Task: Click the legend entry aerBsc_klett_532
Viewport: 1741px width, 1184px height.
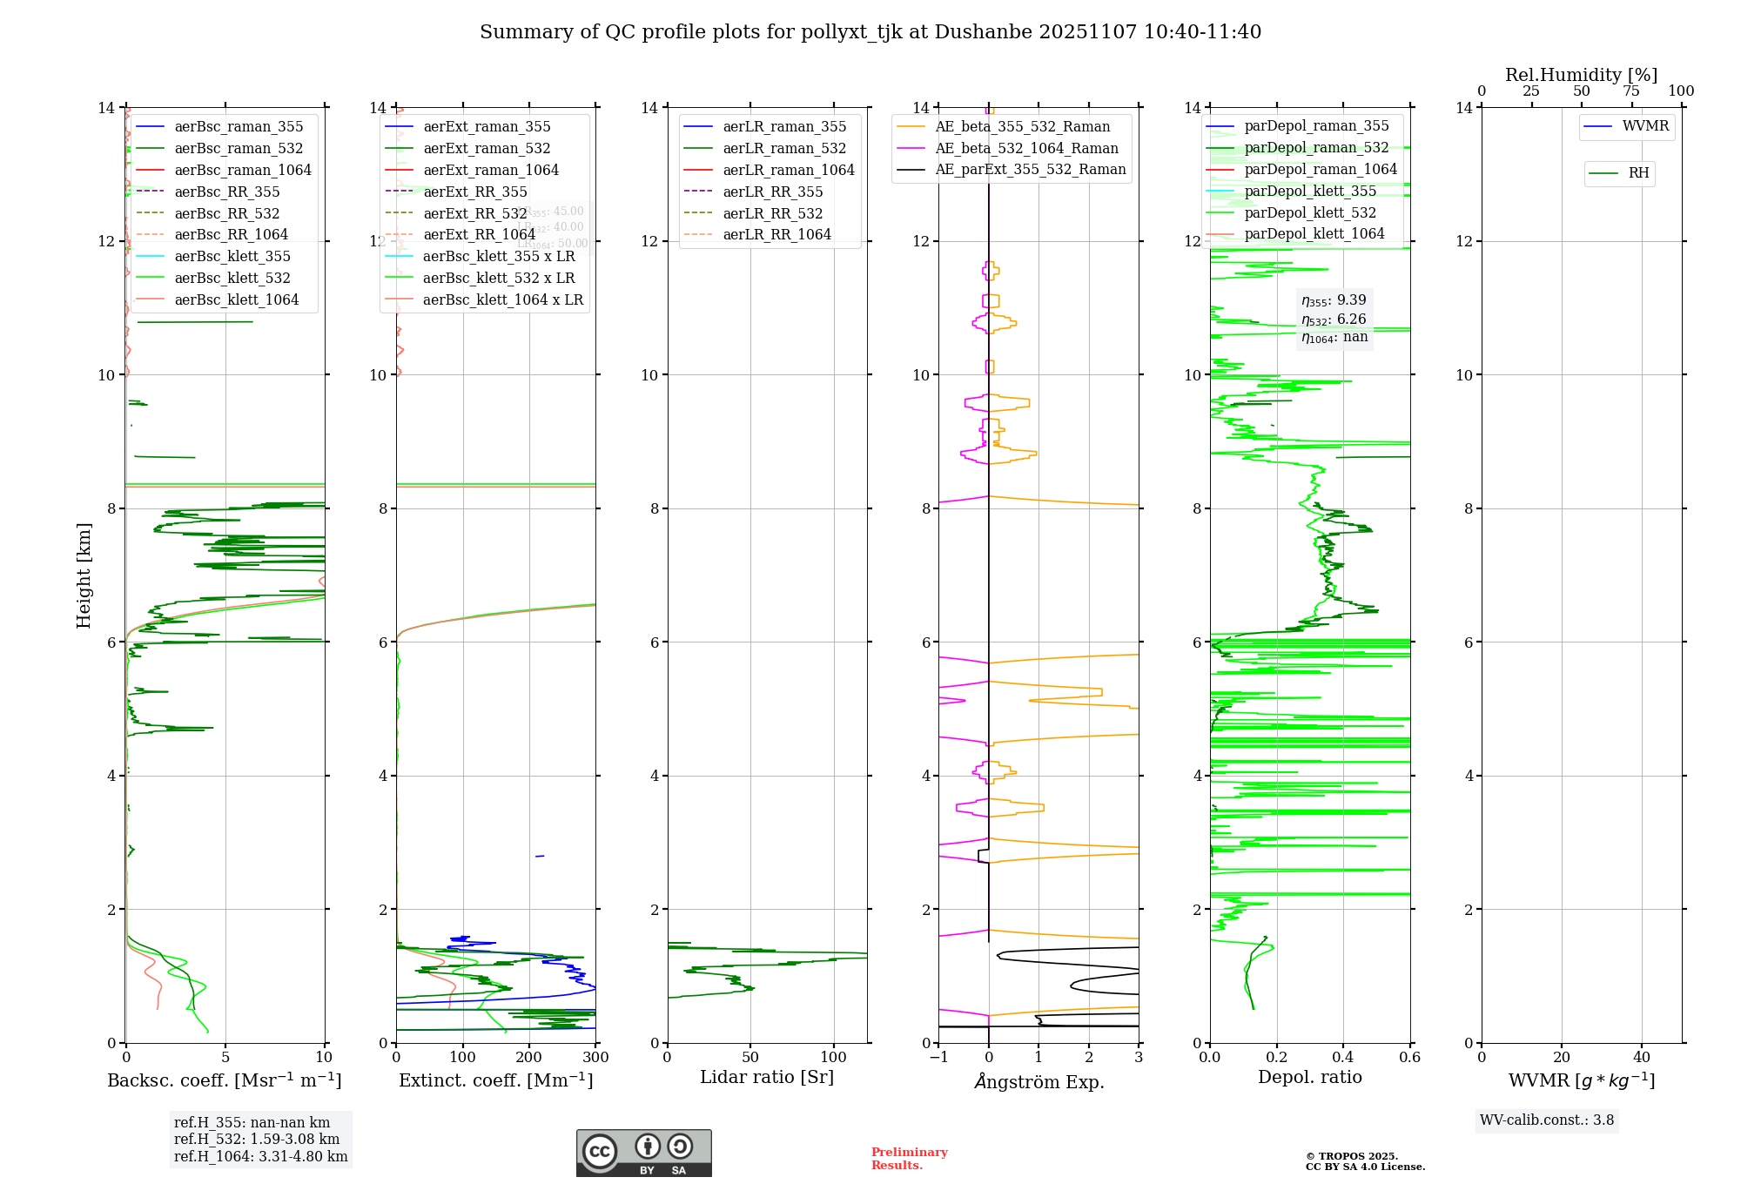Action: pos(232,278)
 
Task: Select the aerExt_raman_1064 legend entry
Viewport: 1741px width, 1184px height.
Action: pos(490,170)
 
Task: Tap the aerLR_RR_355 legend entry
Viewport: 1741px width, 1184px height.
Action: pos(772,192)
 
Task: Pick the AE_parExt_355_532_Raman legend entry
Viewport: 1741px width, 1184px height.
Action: pos(1030,169)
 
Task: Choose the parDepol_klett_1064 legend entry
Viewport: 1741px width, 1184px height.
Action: pos(1314,233)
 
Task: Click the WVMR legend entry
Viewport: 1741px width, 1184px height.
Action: pos(1645,126)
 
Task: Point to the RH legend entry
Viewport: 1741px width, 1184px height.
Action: pos(1638,173)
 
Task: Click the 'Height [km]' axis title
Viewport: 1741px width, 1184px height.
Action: pos(84,575)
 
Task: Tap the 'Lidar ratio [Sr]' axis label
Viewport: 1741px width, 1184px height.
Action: pos(767,1077)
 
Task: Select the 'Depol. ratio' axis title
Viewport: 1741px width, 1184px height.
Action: pos(1309,1077)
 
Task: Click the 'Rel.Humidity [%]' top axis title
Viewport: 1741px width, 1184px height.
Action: pos(1581,75)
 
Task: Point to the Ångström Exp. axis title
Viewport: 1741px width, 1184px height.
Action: pos(1039,1081)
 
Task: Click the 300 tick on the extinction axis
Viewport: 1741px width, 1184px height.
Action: pos(595,1057)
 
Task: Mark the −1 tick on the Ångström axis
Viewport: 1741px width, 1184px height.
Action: pos(938,1057)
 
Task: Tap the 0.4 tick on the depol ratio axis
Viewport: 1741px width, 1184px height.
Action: pos(1343,1057)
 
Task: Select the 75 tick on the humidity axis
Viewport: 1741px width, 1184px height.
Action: pos(1630,91)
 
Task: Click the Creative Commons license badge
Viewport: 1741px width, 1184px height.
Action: pos(643,1153)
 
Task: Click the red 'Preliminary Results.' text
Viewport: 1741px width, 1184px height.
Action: pos(909,1158)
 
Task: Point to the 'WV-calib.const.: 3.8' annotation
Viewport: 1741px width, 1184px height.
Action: pos(1547,1120)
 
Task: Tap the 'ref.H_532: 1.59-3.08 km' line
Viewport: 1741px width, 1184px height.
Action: pos(257,1139)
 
